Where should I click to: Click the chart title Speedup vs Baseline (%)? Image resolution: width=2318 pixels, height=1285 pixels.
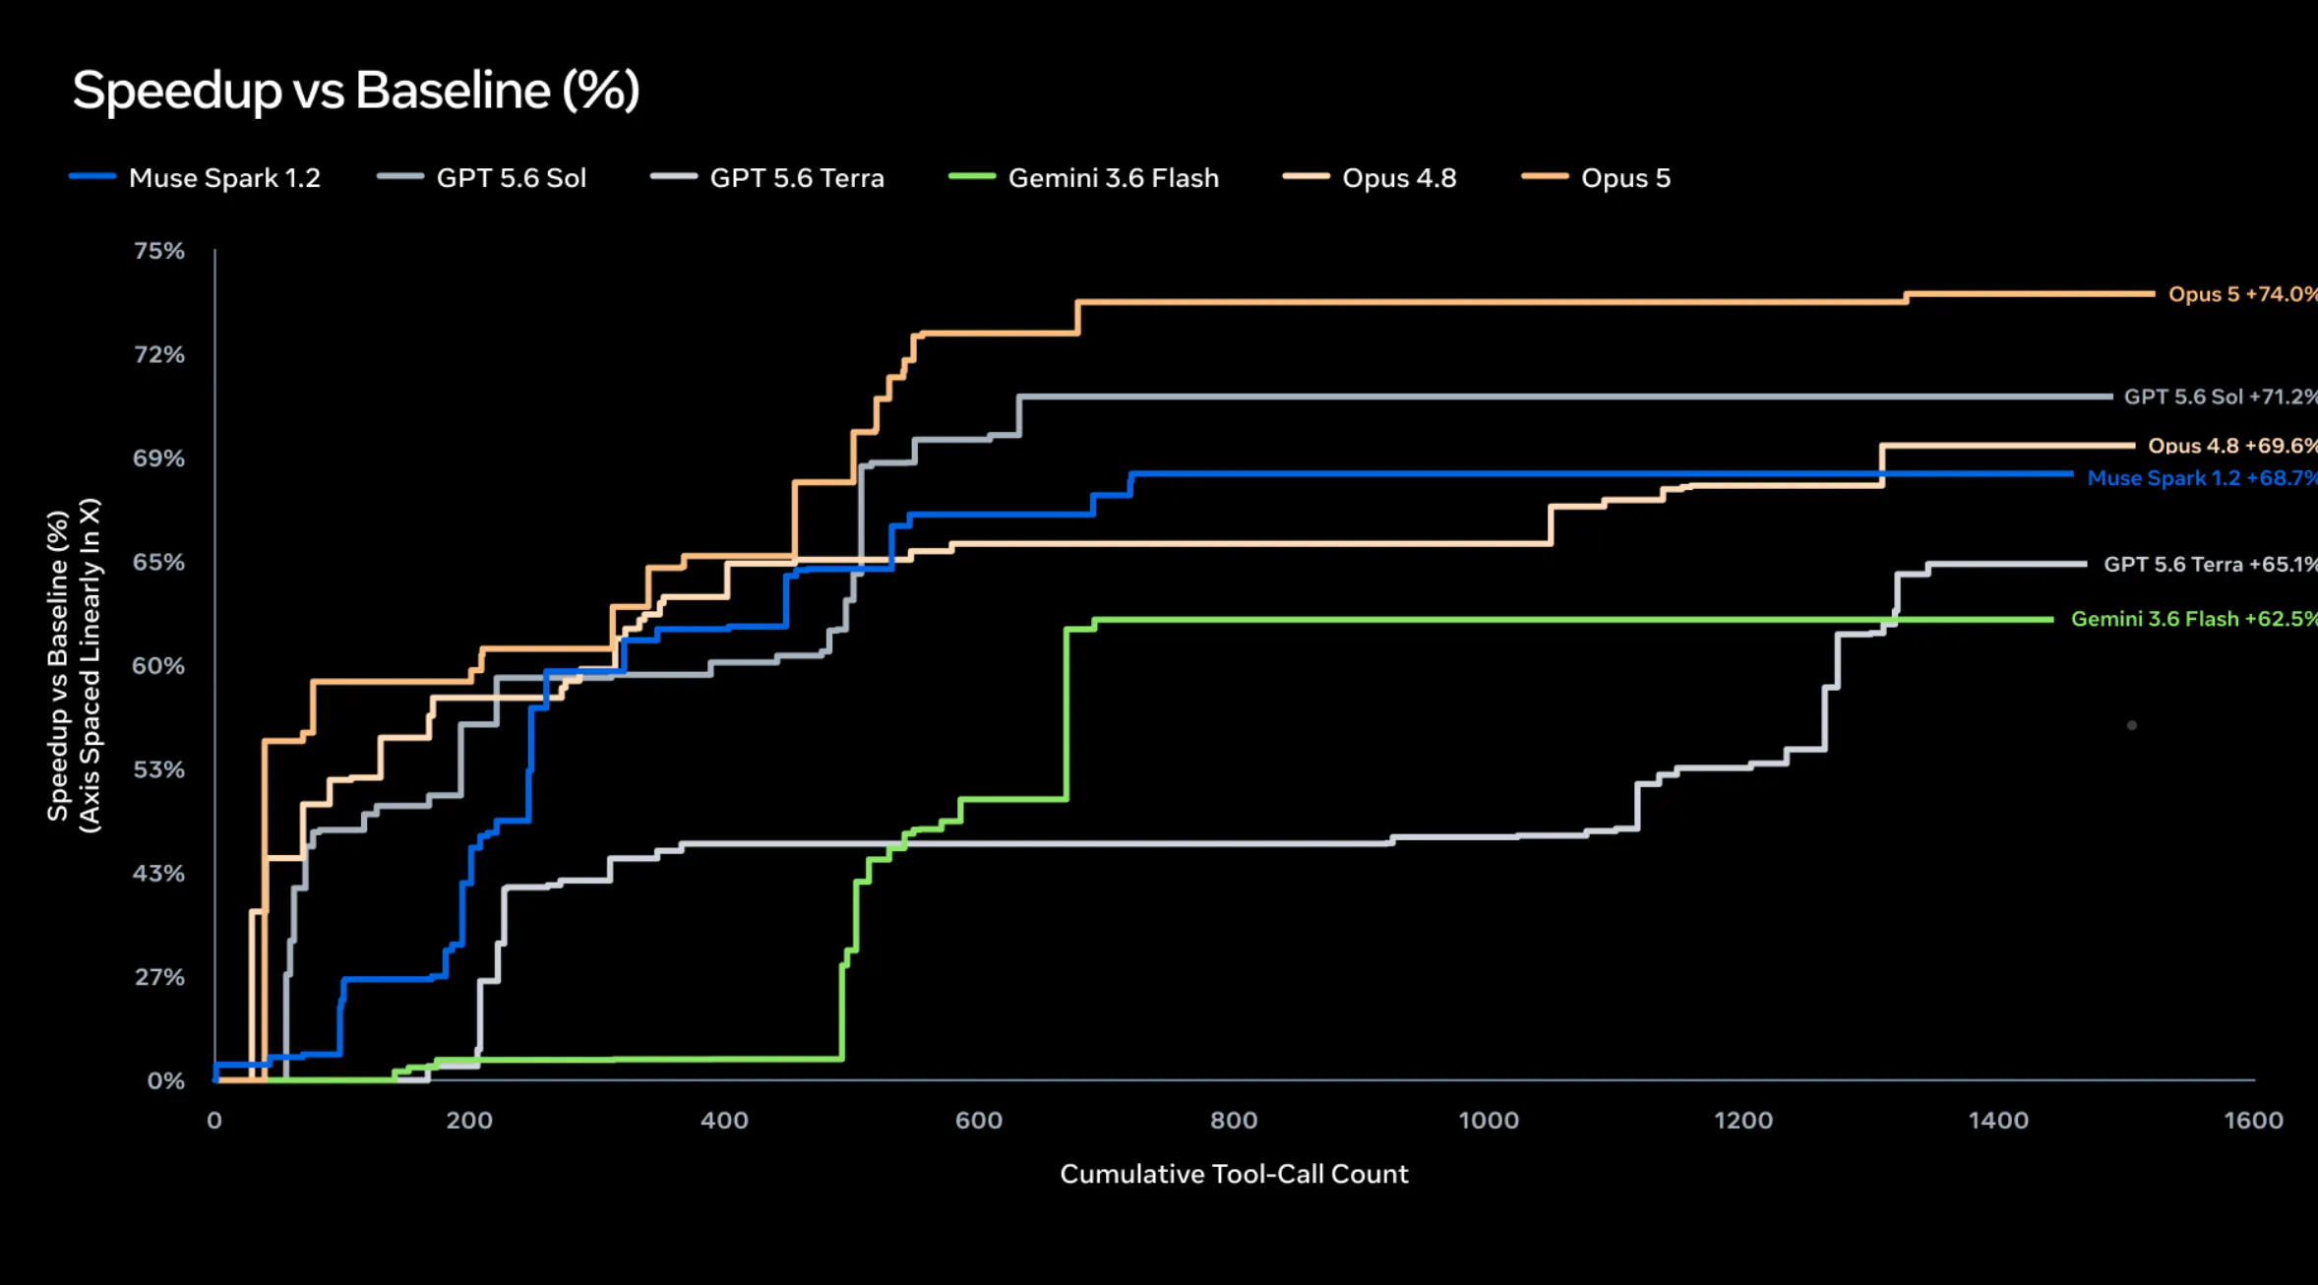click(x=356, y=92)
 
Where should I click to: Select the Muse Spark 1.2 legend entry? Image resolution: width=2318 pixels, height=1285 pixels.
click(x=195, y=178)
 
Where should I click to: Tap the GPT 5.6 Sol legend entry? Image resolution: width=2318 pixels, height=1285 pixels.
click(x=481, y=178)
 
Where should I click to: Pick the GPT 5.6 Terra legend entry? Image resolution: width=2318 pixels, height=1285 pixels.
click(x=767, y=178)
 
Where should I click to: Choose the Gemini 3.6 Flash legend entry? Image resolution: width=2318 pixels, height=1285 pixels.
click(x=1083, y=178)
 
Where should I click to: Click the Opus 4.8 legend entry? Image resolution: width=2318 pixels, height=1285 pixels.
click(x=1370, y=178)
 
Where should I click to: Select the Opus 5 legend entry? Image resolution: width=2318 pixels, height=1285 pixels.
click(x=1596, y=178)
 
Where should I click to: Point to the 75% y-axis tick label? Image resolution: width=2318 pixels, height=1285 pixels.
click(x=159, y=251)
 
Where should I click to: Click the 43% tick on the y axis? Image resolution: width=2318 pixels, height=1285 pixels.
click(x=159, y=874)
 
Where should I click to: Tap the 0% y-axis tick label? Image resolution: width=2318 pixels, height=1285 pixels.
click(x=166, y=1081)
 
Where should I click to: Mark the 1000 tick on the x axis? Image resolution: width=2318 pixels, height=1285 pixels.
click(x=1489, y=1121)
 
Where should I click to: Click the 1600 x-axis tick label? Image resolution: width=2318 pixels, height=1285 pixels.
click(x=2254, y=1121)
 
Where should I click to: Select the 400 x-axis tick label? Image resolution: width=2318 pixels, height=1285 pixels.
click(x=724, y=1121)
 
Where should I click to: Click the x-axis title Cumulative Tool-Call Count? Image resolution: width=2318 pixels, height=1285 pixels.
click(x=1234, y=1174)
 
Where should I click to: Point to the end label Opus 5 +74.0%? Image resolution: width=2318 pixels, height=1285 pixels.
click(x=2243, y=294)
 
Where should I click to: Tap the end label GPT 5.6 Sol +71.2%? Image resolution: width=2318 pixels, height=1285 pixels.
click(x=2221, y=397)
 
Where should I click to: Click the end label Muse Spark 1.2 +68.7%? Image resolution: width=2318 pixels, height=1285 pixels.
click(x=2203, y=478)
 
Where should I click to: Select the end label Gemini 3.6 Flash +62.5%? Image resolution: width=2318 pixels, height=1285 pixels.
click(x=2194, y=619)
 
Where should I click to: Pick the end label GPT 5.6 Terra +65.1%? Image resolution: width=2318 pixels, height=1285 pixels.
click(x=2211, y=565)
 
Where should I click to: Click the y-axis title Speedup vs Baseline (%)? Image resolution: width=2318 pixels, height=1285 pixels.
click(x=58, y=666)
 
